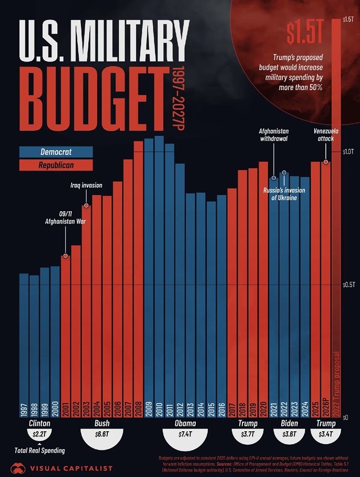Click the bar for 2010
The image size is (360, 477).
tap(159, 277)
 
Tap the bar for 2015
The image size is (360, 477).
tap(211, 310)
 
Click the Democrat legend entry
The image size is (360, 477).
tap(56, 152)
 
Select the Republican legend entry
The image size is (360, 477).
tap(56, 165)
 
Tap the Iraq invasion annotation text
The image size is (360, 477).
tap(86, 185)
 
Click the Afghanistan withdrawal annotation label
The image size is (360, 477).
tap(274, 135)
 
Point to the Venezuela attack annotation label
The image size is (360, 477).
tap(324, 135)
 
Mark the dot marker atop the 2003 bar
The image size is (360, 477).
tap(86, 206)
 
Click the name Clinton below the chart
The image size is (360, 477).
tap(40, 423)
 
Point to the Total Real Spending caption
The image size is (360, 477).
tap(40, 450)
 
